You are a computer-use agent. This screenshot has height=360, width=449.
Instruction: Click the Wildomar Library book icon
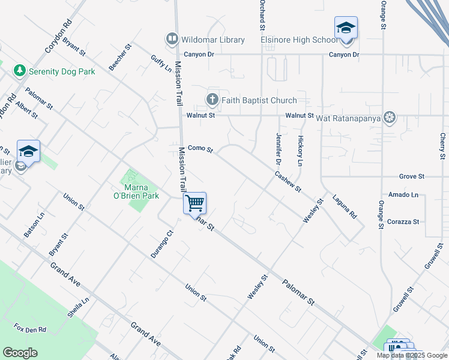(x=172, y=40)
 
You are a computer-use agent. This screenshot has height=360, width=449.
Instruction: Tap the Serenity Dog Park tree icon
(x=20, y=71)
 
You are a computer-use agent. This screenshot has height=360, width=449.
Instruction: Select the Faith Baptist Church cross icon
(x=212, y=100)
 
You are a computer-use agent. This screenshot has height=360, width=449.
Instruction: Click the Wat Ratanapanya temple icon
(x=390, y=116)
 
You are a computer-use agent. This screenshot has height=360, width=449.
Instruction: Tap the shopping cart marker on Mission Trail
(x=194, y=203)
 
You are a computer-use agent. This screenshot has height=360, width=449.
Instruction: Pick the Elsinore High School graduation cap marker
(x=346, y=28)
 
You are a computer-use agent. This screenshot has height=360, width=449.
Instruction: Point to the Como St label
(x=200, y=148)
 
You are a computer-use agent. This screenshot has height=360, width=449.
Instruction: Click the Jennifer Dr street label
(x=279, y=148)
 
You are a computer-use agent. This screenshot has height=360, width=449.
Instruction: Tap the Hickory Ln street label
(x=300, y=151)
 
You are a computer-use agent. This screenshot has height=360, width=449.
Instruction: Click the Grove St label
(x=412, y=176)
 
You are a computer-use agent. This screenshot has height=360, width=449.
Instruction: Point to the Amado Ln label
(x=403, y=195)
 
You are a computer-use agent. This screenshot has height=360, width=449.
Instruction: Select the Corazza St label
(x=403, y=221)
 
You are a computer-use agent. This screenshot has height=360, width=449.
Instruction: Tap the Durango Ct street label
(x=161, y=244)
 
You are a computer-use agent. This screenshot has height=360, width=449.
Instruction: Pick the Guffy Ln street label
(x=161, y=64)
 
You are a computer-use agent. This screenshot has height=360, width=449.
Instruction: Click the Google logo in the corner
(x=20, y=352)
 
